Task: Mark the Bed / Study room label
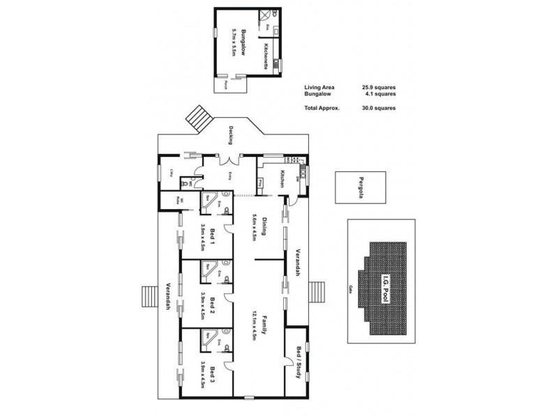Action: tap(299, 362)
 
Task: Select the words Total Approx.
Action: tap(322, 109)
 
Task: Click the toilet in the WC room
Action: tap(185, 183)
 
